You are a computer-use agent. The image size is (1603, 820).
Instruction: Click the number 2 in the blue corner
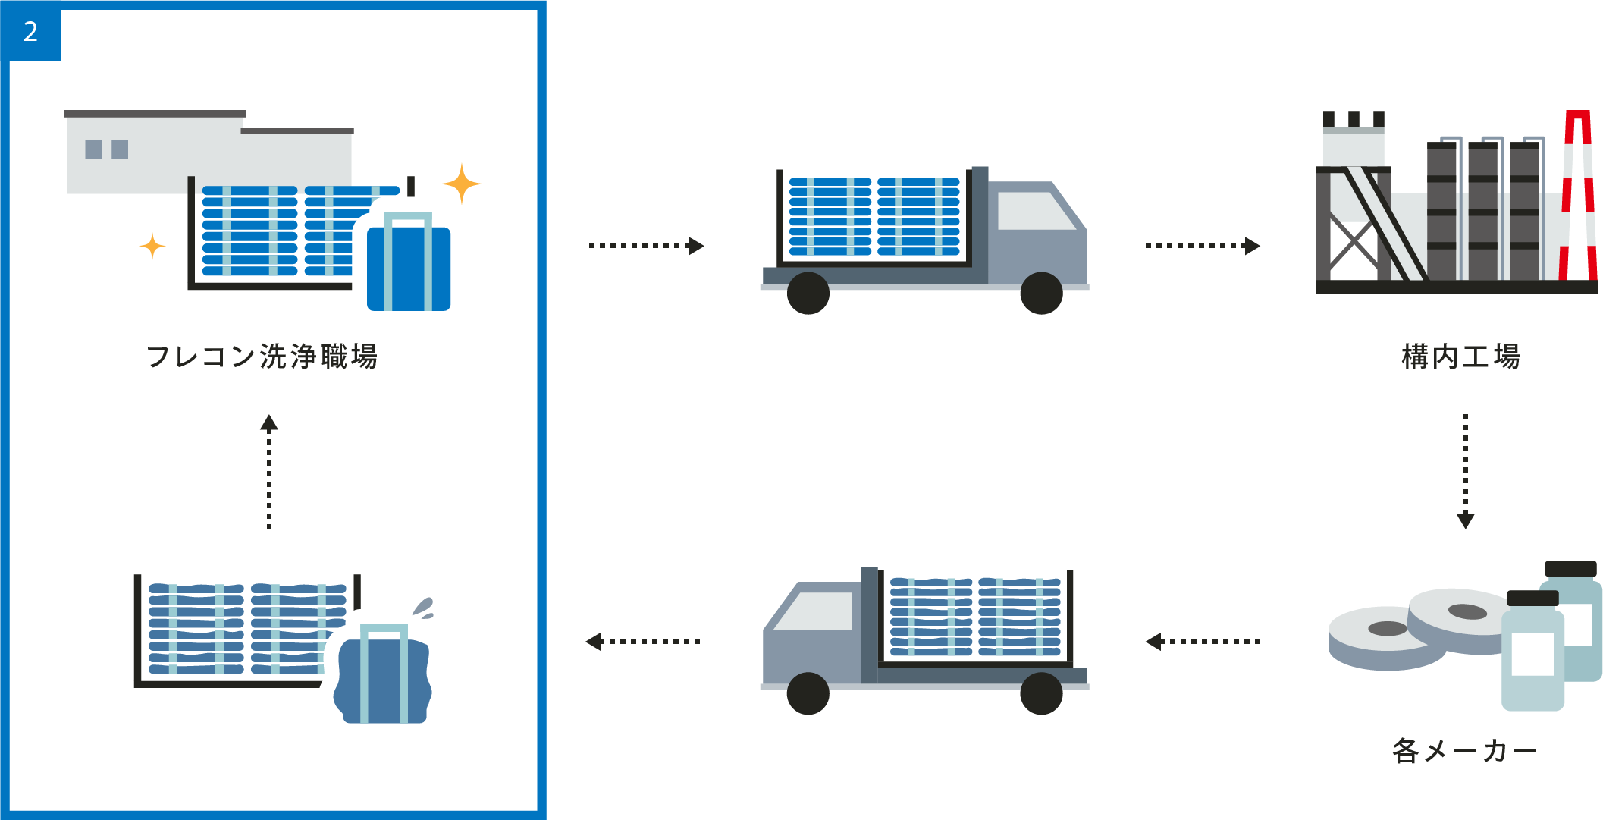point(30,32)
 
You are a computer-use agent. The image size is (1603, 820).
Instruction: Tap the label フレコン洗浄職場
point(262,356)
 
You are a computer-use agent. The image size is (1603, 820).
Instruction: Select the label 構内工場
point(1460,356)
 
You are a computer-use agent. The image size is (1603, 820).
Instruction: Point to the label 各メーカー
point(1464,750)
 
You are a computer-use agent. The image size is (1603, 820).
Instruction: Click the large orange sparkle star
point(461,184)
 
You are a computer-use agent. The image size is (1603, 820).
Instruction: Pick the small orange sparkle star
point(152,246)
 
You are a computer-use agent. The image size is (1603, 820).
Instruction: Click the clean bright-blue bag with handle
point(408,265)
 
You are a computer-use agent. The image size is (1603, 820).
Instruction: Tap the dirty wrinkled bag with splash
point(383,675)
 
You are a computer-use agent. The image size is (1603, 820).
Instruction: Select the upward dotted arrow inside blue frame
point(269,470)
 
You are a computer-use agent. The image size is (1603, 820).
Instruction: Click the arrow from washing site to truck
point(647,246)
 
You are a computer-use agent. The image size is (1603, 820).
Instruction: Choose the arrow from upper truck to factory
point(1203,246)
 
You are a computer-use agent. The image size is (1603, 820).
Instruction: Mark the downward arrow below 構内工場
point(1465,470)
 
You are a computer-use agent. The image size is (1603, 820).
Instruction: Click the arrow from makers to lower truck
point(1203,642)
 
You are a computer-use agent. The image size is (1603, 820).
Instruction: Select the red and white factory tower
point(1577,197)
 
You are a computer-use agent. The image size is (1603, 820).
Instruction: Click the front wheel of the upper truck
point(1041,294)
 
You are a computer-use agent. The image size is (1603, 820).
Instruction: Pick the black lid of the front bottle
point(1532,598)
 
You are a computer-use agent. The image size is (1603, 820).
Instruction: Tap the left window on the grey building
point(93,149)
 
